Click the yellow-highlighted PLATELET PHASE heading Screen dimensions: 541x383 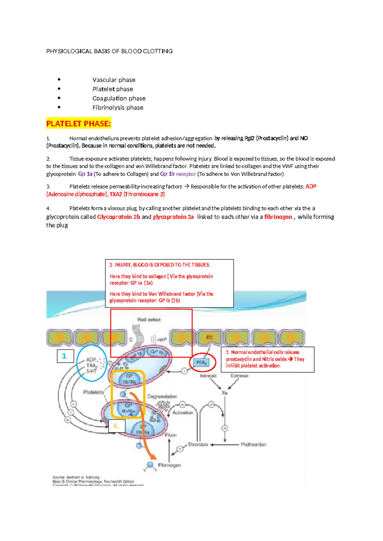[78, 123]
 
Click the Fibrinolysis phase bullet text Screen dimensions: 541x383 [117, 107]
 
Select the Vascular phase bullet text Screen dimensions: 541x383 [114, 80]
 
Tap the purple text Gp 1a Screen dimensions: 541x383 [85, 174]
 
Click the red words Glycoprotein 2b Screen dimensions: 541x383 [118, 217]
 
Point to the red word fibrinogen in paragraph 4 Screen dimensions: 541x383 [278, 217]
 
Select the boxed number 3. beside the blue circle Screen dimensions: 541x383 [65, 356]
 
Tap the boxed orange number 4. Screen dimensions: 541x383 [116, 426]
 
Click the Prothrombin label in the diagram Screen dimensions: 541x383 [253, 444]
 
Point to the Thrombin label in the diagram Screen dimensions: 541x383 [198, 444]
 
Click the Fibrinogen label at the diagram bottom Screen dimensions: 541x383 [169, 465]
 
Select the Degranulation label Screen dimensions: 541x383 [162, 396]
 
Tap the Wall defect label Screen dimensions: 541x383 [149, 319]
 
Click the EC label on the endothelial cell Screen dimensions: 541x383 [209, 337]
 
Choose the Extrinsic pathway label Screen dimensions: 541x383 [239, 376]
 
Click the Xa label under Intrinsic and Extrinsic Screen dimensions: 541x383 [224, 392]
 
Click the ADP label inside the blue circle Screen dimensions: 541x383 [91, 359]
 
